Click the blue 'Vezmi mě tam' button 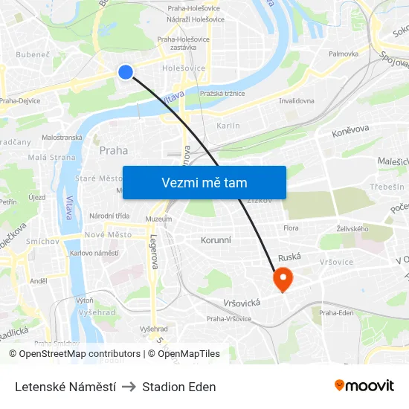coord(204,182)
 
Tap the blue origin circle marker coord(126,71)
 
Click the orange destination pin coord(283,279)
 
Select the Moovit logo coord(364,386)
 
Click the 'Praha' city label coord(114,150)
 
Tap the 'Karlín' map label coord(228,126)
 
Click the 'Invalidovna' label coord(296,100)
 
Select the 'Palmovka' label coord(344,54)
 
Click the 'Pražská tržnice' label coord(223,94)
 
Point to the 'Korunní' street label coord(216,240)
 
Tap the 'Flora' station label coord(292,228)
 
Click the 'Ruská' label coord(289,257)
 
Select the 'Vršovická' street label coord(241,303)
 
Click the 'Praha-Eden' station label coord(336,313)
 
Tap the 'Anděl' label coord(39,281)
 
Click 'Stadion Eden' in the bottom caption coord(179,387)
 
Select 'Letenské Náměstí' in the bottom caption coord(65,387)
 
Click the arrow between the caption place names coord(129,387)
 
